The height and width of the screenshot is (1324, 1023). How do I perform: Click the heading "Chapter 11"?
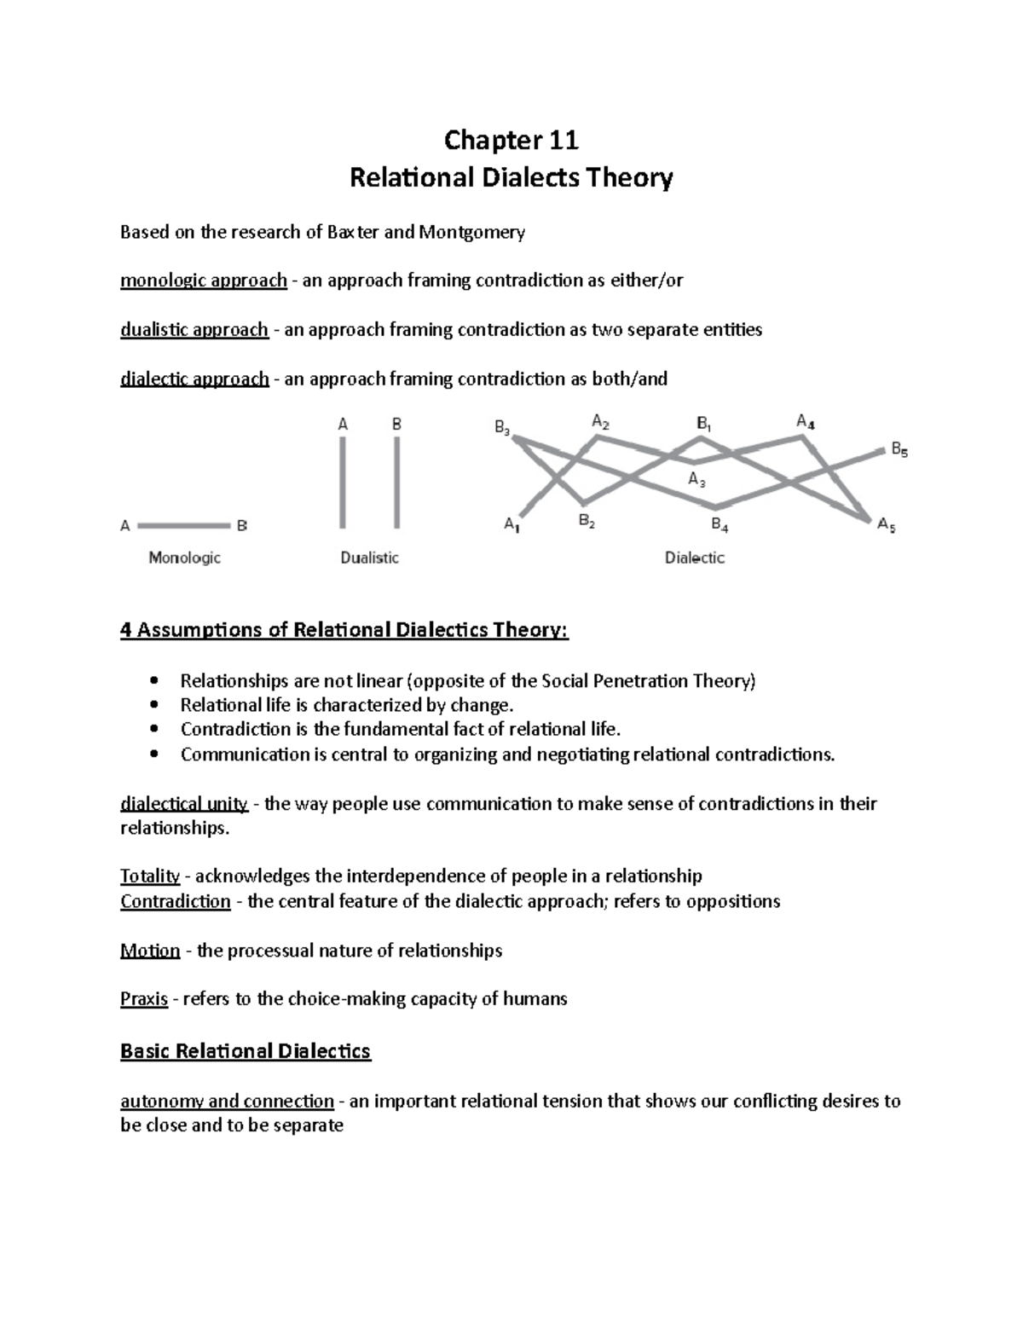coord(511,139)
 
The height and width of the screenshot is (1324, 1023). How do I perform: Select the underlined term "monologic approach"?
coord(203,280)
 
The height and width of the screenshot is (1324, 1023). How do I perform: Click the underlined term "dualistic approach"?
coord(194,330)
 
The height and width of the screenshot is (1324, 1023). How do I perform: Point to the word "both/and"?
coord(635,379)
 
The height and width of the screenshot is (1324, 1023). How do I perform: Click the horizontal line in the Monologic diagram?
coord(183,526)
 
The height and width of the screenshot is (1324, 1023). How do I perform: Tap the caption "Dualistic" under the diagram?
coord(369,558)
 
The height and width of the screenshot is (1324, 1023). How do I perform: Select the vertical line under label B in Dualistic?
coord(396,483)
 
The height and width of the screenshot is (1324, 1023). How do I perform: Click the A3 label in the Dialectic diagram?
coord(696,480)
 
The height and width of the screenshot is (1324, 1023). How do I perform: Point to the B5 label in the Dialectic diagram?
coord(899,448)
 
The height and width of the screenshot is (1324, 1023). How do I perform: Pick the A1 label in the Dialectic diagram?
coord(511,525)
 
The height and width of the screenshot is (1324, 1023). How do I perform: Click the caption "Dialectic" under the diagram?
coord(694,558)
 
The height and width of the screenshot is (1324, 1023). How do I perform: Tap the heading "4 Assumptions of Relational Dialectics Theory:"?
coord(344,631)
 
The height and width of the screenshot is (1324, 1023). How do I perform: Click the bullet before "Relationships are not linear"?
coord(153,680)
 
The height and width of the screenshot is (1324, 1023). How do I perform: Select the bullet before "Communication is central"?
coord(153,755)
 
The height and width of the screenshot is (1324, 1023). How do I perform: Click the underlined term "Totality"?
coord(150,876)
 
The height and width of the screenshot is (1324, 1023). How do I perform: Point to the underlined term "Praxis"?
coord(144,999)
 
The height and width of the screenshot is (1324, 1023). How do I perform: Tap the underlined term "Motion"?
coord(150,951)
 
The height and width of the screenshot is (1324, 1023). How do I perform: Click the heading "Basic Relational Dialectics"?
coord(246,1051)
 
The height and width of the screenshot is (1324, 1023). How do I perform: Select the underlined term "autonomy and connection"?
coord(227,1101)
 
